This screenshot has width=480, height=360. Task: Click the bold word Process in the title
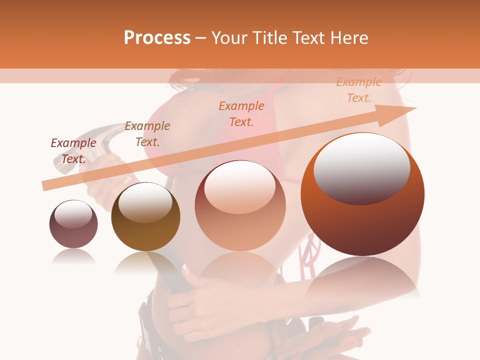click(157, 37)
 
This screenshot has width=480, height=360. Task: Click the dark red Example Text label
click(73, 150)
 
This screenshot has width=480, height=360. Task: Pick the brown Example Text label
click(147, 133)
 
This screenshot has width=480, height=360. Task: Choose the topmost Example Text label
click(358, 90)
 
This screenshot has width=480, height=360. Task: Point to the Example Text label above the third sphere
click(241, 113)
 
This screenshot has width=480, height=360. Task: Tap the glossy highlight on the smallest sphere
click(73, 214)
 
